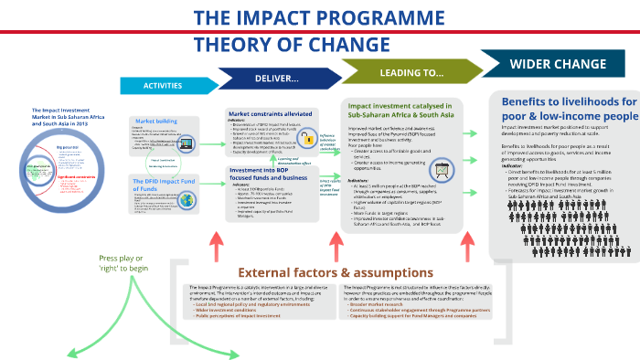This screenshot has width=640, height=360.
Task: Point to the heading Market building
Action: pyautogui.click(x=157, y=121)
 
